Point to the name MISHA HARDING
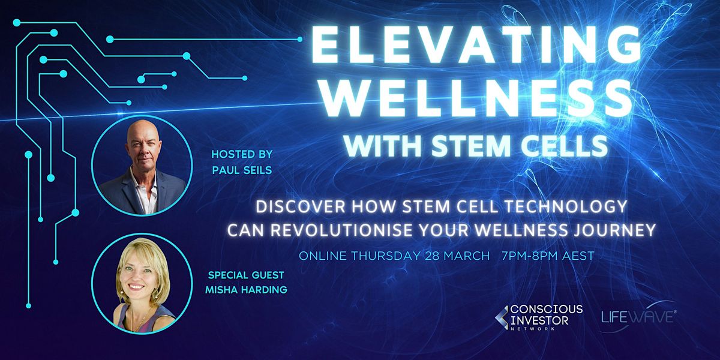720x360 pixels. point(248,290)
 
